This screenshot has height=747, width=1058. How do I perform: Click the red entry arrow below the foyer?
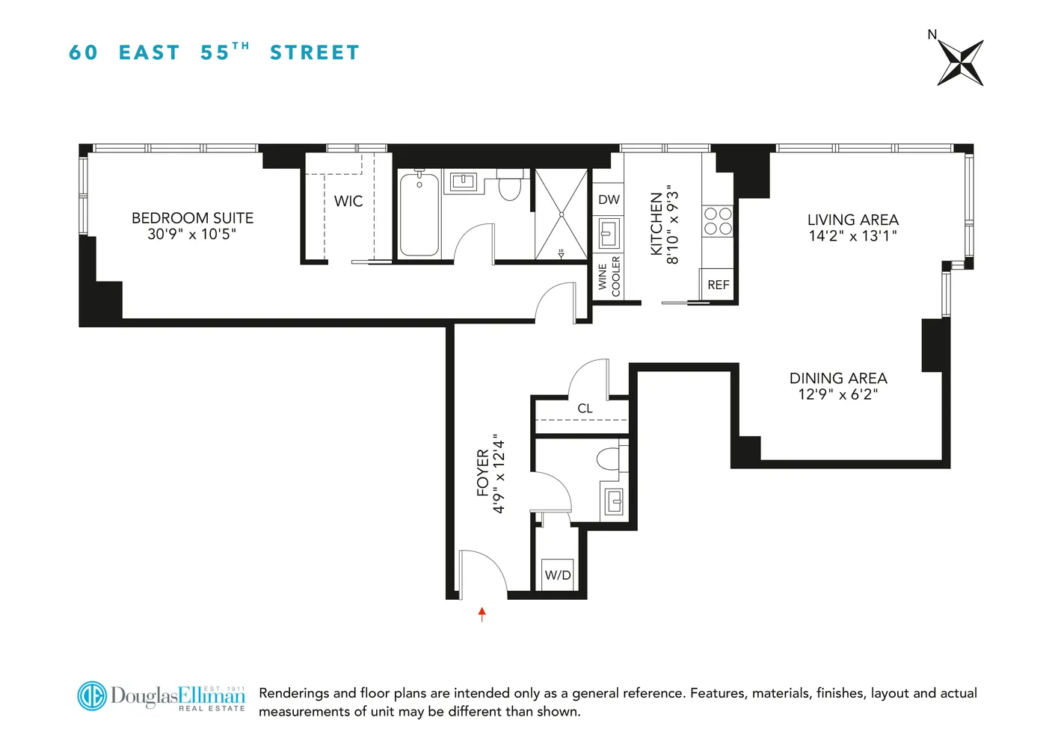(482, 614)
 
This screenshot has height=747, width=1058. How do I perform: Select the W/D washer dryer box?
(558, 574)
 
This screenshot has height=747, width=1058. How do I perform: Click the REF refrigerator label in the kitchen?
(718, 285)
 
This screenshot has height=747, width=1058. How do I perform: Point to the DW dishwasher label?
(609, 199)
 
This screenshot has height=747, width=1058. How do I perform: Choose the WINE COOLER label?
(609, 276)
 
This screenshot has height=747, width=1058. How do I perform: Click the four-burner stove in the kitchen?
(718, 221)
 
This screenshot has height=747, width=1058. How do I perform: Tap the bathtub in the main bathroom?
(419, 214)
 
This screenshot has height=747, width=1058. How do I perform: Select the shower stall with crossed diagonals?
(561, 214)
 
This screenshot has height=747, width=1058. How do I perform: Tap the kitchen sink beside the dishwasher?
(609, 234)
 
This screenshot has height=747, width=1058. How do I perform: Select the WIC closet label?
(348, 201)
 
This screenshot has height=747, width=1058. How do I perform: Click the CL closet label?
(585, 409)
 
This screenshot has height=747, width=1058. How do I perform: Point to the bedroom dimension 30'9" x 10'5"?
(192, 234)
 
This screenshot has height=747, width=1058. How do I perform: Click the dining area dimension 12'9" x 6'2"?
(837, 394)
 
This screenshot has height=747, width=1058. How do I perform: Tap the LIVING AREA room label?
(852, 220)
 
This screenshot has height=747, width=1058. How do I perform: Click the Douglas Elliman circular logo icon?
(92, 695)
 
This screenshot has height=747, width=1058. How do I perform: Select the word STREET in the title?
(315, 53)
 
